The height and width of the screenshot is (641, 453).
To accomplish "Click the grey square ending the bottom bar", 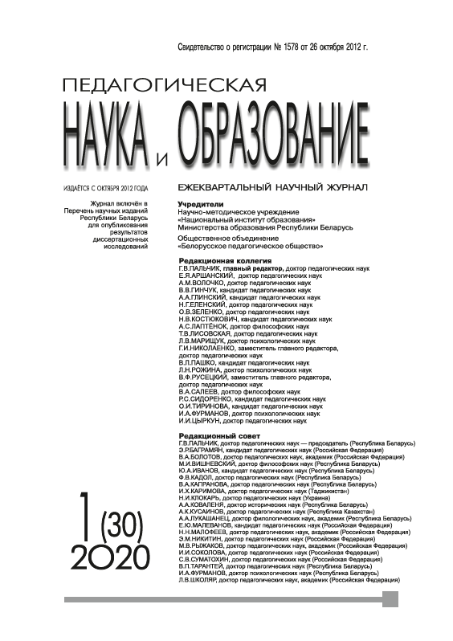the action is point(390,599).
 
